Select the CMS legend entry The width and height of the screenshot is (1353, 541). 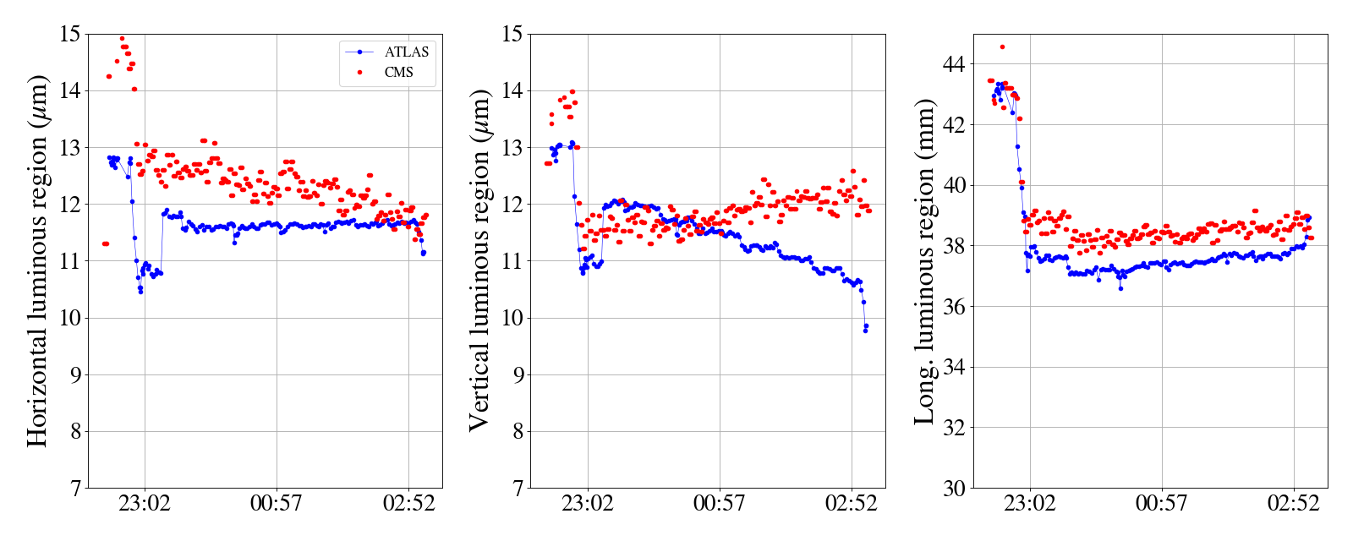398,73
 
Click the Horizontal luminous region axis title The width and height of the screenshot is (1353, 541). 37,260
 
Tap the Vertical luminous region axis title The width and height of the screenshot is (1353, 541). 479,260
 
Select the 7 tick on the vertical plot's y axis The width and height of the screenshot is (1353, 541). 518,488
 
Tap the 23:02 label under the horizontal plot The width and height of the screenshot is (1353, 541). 144,504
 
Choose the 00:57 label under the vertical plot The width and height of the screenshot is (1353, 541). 719,504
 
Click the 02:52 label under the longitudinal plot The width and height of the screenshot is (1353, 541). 1293,504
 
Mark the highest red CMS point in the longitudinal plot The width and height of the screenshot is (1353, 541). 1002,47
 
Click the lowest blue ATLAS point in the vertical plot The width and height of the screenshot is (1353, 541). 865,331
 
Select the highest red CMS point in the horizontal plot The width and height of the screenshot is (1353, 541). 122,38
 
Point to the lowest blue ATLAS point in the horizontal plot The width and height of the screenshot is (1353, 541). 140,292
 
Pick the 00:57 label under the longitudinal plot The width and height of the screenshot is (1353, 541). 1161,504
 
